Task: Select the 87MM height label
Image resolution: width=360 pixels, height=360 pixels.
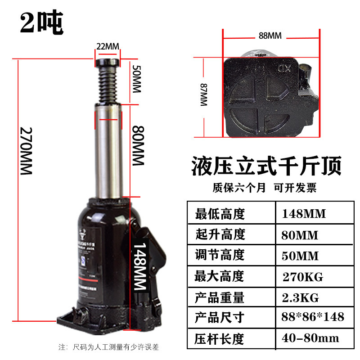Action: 203,95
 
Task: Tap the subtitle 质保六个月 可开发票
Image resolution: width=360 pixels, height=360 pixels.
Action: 265,188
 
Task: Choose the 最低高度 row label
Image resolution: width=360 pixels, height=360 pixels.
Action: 220,214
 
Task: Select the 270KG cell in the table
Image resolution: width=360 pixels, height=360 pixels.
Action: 302,276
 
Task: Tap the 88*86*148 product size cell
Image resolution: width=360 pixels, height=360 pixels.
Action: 313,318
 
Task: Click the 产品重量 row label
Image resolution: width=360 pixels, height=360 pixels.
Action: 220,297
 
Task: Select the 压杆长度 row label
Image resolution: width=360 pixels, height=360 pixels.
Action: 220,338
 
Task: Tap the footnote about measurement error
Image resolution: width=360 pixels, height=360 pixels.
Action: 109,347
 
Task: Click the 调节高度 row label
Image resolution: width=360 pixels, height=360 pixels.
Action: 220,255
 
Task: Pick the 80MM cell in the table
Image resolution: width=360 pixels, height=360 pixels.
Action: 300,234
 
